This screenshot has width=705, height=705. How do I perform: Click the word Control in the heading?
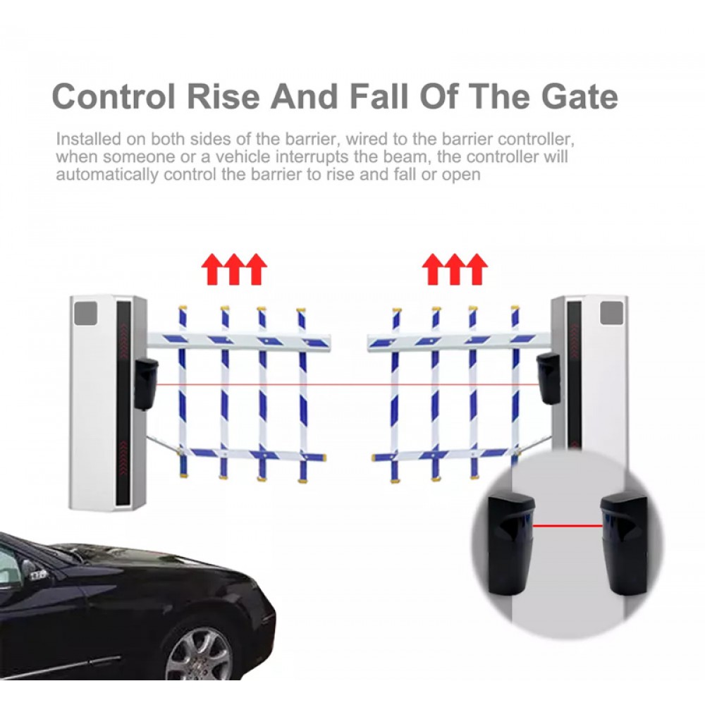[114, 96]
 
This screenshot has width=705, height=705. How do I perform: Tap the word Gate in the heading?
[580, 96]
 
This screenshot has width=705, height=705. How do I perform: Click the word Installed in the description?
[89, 140]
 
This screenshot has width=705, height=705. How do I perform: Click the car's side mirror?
[37, 574]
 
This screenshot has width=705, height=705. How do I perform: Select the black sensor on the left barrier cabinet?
[146, 384]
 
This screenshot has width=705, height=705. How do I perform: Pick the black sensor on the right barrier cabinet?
[548, 379]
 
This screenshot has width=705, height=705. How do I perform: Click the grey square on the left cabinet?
[85, 314]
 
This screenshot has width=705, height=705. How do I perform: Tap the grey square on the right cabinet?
[612, 313]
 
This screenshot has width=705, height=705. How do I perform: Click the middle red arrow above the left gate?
[234, 269]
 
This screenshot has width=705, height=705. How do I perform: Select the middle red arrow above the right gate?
[455, 269]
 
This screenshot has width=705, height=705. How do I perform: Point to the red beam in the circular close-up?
[568, 525]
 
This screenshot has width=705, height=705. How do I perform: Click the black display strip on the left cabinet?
[123, 403]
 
